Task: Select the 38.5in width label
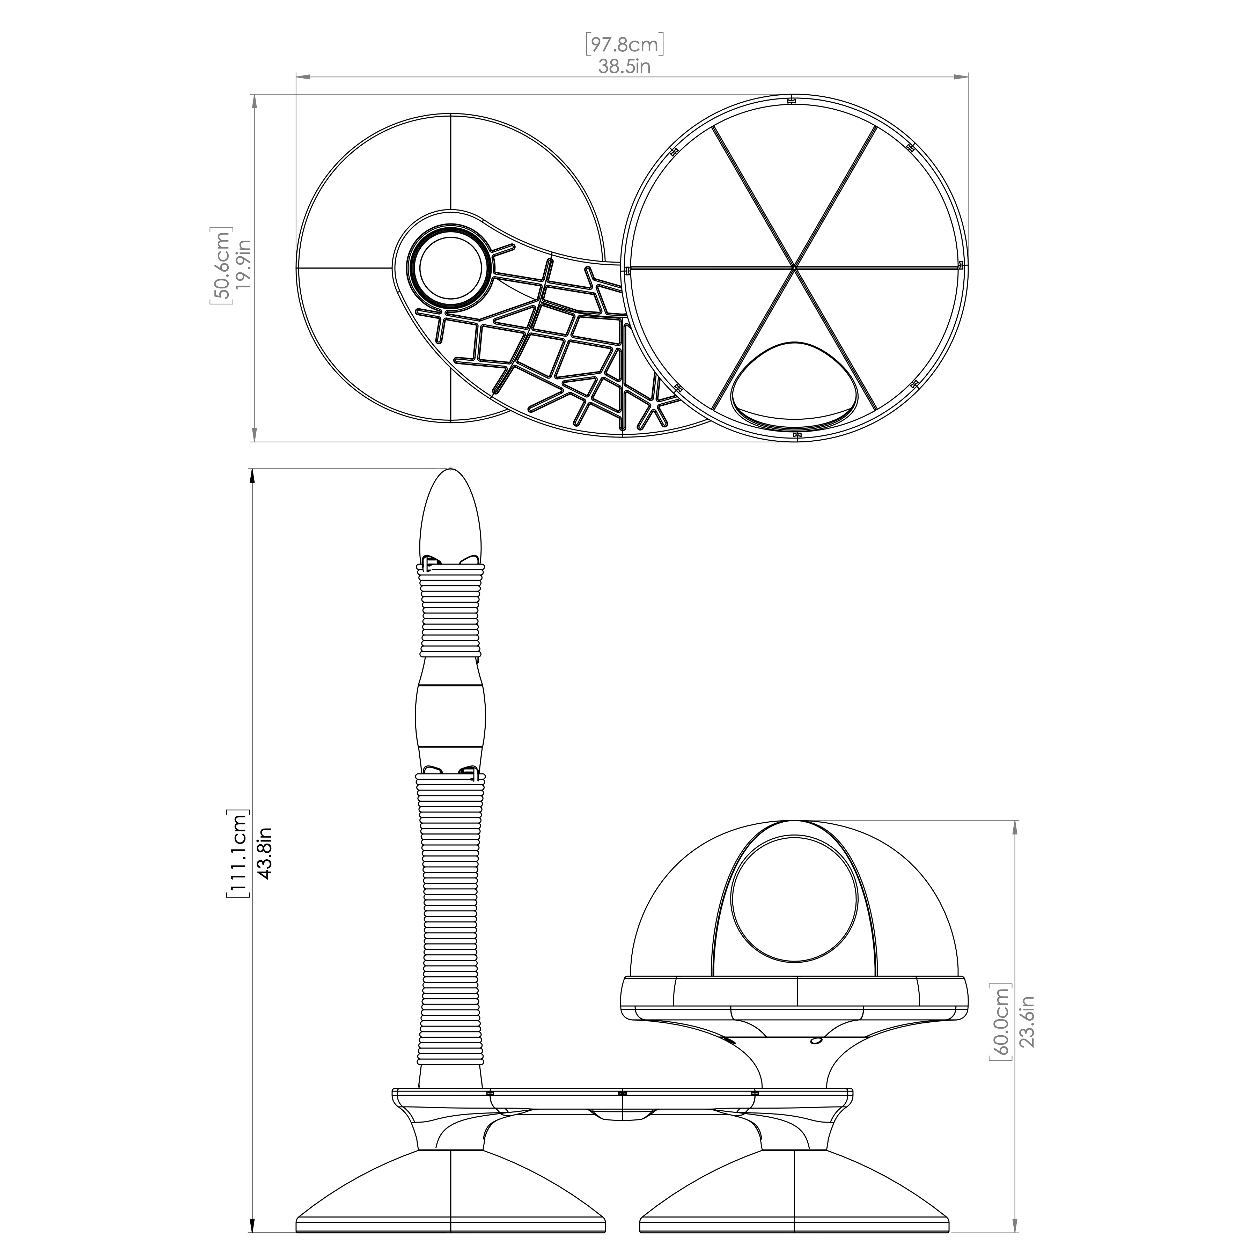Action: (625, 66)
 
